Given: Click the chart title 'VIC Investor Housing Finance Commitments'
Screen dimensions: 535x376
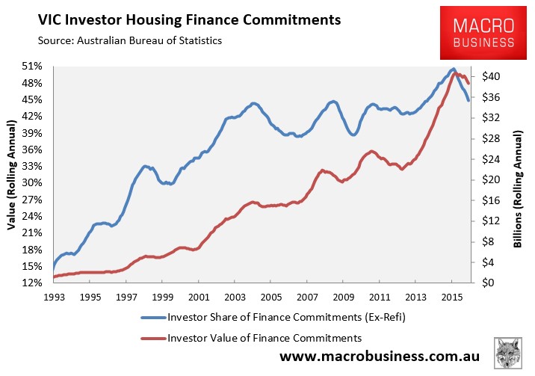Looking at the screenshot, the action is (189, 20).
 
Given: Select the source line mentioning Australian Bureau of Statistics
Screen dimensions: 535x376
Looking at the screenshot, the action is (130, 40).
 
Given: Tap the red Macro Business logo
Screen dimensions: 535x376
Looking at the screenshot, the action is (483, 33).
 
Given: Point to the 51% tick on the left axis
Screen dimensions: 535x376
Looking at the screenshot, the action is (32, 66).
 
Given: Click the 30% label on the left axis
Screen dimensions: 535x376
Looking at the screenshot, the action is (32, 182).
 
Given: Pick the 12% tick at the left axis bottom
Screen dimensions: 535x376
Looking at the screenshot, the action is (32, 283).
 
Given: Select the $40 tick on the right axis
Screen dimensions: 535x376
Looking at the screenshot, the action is (491, 76).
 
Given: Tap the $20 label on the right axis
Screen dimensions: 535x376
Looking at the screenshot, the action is (491, 179).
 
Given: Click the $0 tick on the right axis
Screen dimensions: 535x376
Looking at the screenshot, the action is (488, 283).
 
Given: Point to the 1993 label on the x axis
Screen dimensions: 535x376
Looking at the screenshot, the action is (54, 298).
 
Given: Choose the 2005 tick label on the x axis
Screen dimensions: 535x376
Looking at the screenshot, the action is (271, 298).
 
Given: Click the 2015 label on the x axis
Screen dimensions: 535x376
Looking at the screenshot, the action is (452, 298).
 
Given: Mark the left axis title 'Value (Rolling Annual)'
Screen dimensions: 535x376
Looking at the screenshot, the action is (12, 175).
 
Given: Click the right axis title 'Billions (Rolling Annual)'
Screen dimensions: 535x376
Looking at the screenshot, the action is (518, 188).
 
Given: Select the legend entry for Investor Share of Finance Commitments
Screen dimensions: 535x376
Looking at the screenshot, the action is (273, 317).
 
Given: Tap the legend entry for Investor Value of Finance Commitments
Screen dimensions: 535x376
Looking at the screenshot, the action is (251, 338).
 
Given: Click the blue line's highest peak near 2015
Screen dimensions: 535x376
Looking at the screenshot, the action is (453, 70).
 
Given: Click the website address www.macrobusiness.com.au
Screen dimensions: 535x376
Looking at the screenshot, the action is (380, 357).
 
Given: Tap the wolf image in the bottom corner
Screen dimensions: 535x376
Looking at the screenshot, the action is (508, 353).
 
